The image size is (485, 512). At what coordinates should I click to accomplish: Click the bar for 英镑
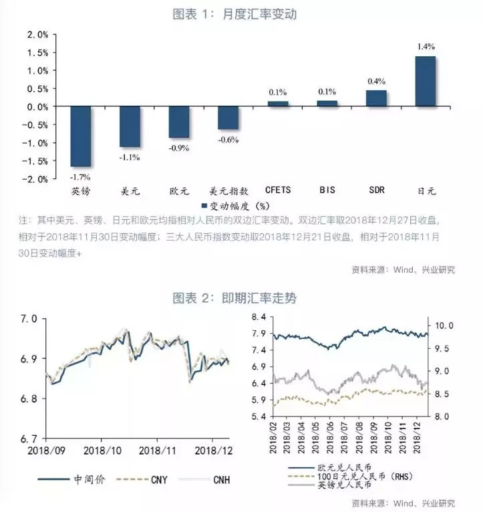[x=81, y=136]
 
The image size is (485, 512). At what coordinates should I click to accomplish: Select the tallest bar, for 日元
[x=425, y=82]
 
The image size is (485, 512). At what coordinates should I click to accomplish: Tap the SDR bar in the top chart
[x=376, y=98]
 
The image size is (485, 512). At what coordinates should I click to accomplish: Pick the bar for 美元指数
[x=228, y=118]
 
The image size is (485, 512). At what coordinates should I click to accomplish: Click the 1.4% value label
[x=426, y=47]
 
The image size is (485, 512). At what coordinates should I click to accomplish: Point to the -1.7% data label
[x=81, y=177]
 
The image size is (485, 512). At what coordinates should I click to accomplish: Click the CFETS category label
[x=277, y=190]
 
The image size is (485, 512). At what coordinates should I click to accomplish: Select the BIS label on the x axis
[x=327, y=190]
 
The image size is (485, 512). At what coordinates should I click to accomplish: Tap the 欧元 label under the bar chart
[x=179, y=190]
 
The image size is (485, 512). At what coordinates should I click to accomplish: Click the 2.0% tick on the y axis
[x=37, y=35]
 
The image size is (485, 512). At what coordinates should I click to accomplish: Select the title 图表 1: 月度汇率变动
[x=243, y=13]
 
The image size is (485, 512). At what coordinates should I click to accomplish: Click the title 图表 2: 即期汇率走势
[x=243, y=297]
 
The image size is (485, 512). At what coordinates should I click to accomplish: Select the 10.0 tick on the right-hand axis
[x=446, y=326]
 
